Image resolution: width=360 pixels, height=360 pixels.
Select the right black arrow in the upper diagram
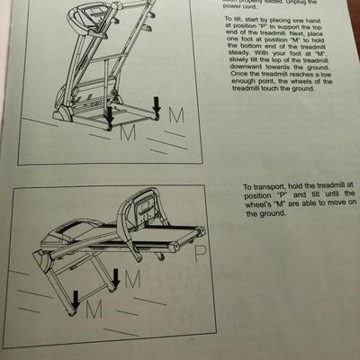(157, 106)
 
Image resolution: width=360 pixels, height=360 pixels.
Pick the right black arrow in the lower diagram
(115, 280)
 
